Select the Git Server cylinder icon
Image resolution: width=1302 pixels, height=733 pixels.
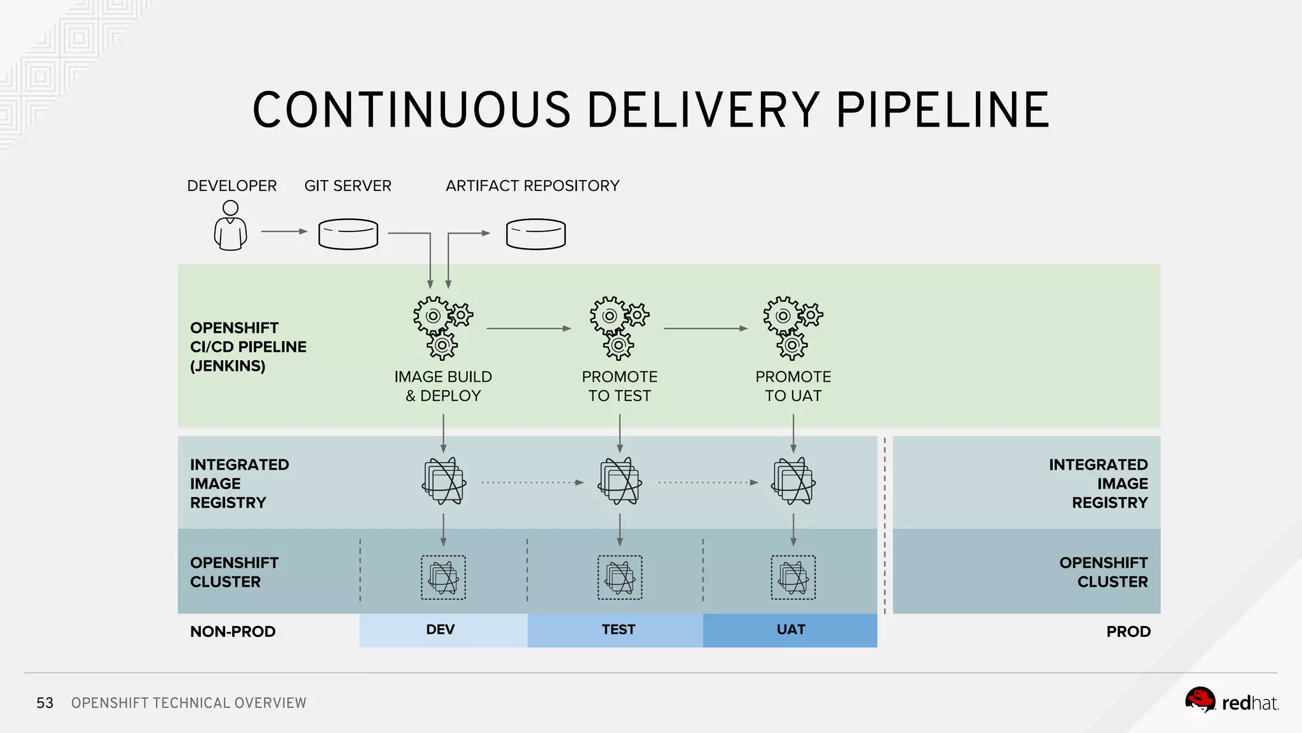pos(348,234)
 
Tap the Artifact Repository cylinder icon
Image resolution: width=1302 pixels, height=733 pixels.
pos(535,234)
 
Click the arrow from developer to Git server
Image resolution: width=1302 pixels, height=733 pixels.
pos(284,232)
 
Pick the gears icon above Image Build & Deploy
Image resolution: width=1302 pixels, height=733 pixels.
pos(442,327)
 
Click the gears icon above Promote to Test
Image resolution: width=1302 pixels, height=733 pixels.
pos(619,327)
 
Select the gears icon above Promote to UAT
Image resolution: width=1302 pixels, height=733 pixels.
pos(792,327)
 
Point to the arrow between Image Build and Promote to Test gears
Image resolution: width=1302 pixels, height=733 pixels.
pos(528,328)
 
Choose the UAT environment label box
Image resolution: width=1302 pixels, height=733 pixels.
pos(790,630)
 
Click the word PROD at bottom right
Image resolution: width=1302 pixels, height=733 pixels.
pos(1128,632)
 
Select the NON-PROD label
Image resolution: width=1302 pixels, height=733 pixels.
pos(233,632)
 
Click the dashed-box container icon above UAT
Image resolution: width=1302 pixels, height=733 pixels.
pos(793,577)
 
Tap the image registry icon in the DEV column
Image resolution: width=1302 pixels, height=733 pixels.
pos(444,481)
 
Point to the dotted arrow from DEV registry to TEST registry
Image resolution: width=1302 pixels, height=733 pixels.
pos(531,482)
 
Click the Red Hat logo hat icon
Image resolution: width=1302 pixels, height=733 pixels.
pos(1200,701)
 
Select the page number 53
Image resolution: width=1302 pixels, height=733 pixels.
pos(45,703)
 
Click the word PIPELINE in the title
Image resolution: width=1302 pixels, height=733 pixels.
pos(942,111)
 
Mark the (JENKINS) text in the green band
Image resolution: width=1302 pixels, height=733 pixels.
pos(228,366)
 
